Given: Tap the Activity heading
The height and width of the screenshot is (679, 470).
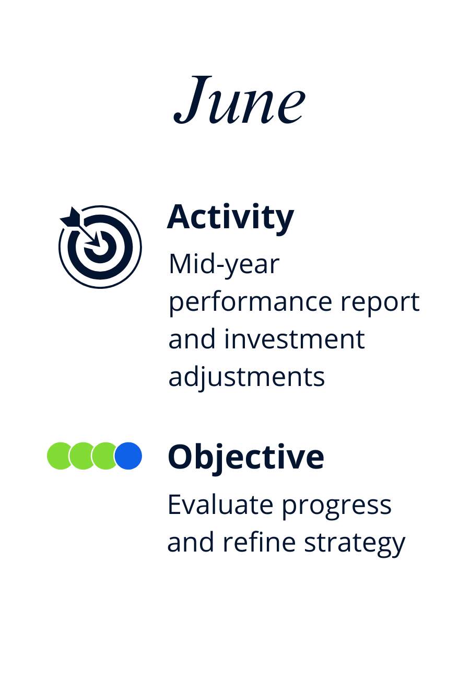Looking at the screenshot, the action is [230, 218].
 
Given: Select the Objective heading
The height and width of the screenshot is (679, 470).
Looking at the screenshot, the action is [246, 458].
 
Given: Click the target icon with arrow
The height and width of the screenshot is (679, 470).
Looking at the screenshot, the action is [100, 247].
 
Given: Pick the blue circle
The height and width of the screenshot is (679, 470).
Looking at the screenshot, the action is [128, 455].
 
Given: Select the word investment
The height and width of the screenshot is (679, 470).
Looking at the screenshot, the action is [295, 340].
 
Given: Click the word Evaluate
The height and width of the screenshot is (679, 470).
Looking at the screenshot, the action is [220, 505].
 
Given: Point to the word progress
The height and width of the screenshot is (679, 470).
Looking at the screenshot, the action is [337, 507].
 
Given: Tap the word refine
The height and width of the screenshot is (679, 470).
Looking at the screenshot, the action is [259, 542].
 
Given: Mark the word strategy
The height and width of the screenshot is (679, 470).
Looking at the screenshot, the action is [355, 544].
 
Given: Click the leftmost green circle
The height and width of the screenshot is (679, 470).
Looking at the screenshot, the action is [60, 455].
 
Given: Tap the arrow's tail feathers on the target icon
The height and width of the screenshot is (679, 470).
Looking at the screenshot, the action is [70, 217].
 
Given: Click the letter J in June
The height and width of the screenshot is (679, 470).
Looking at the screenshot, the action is [193, 99].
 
